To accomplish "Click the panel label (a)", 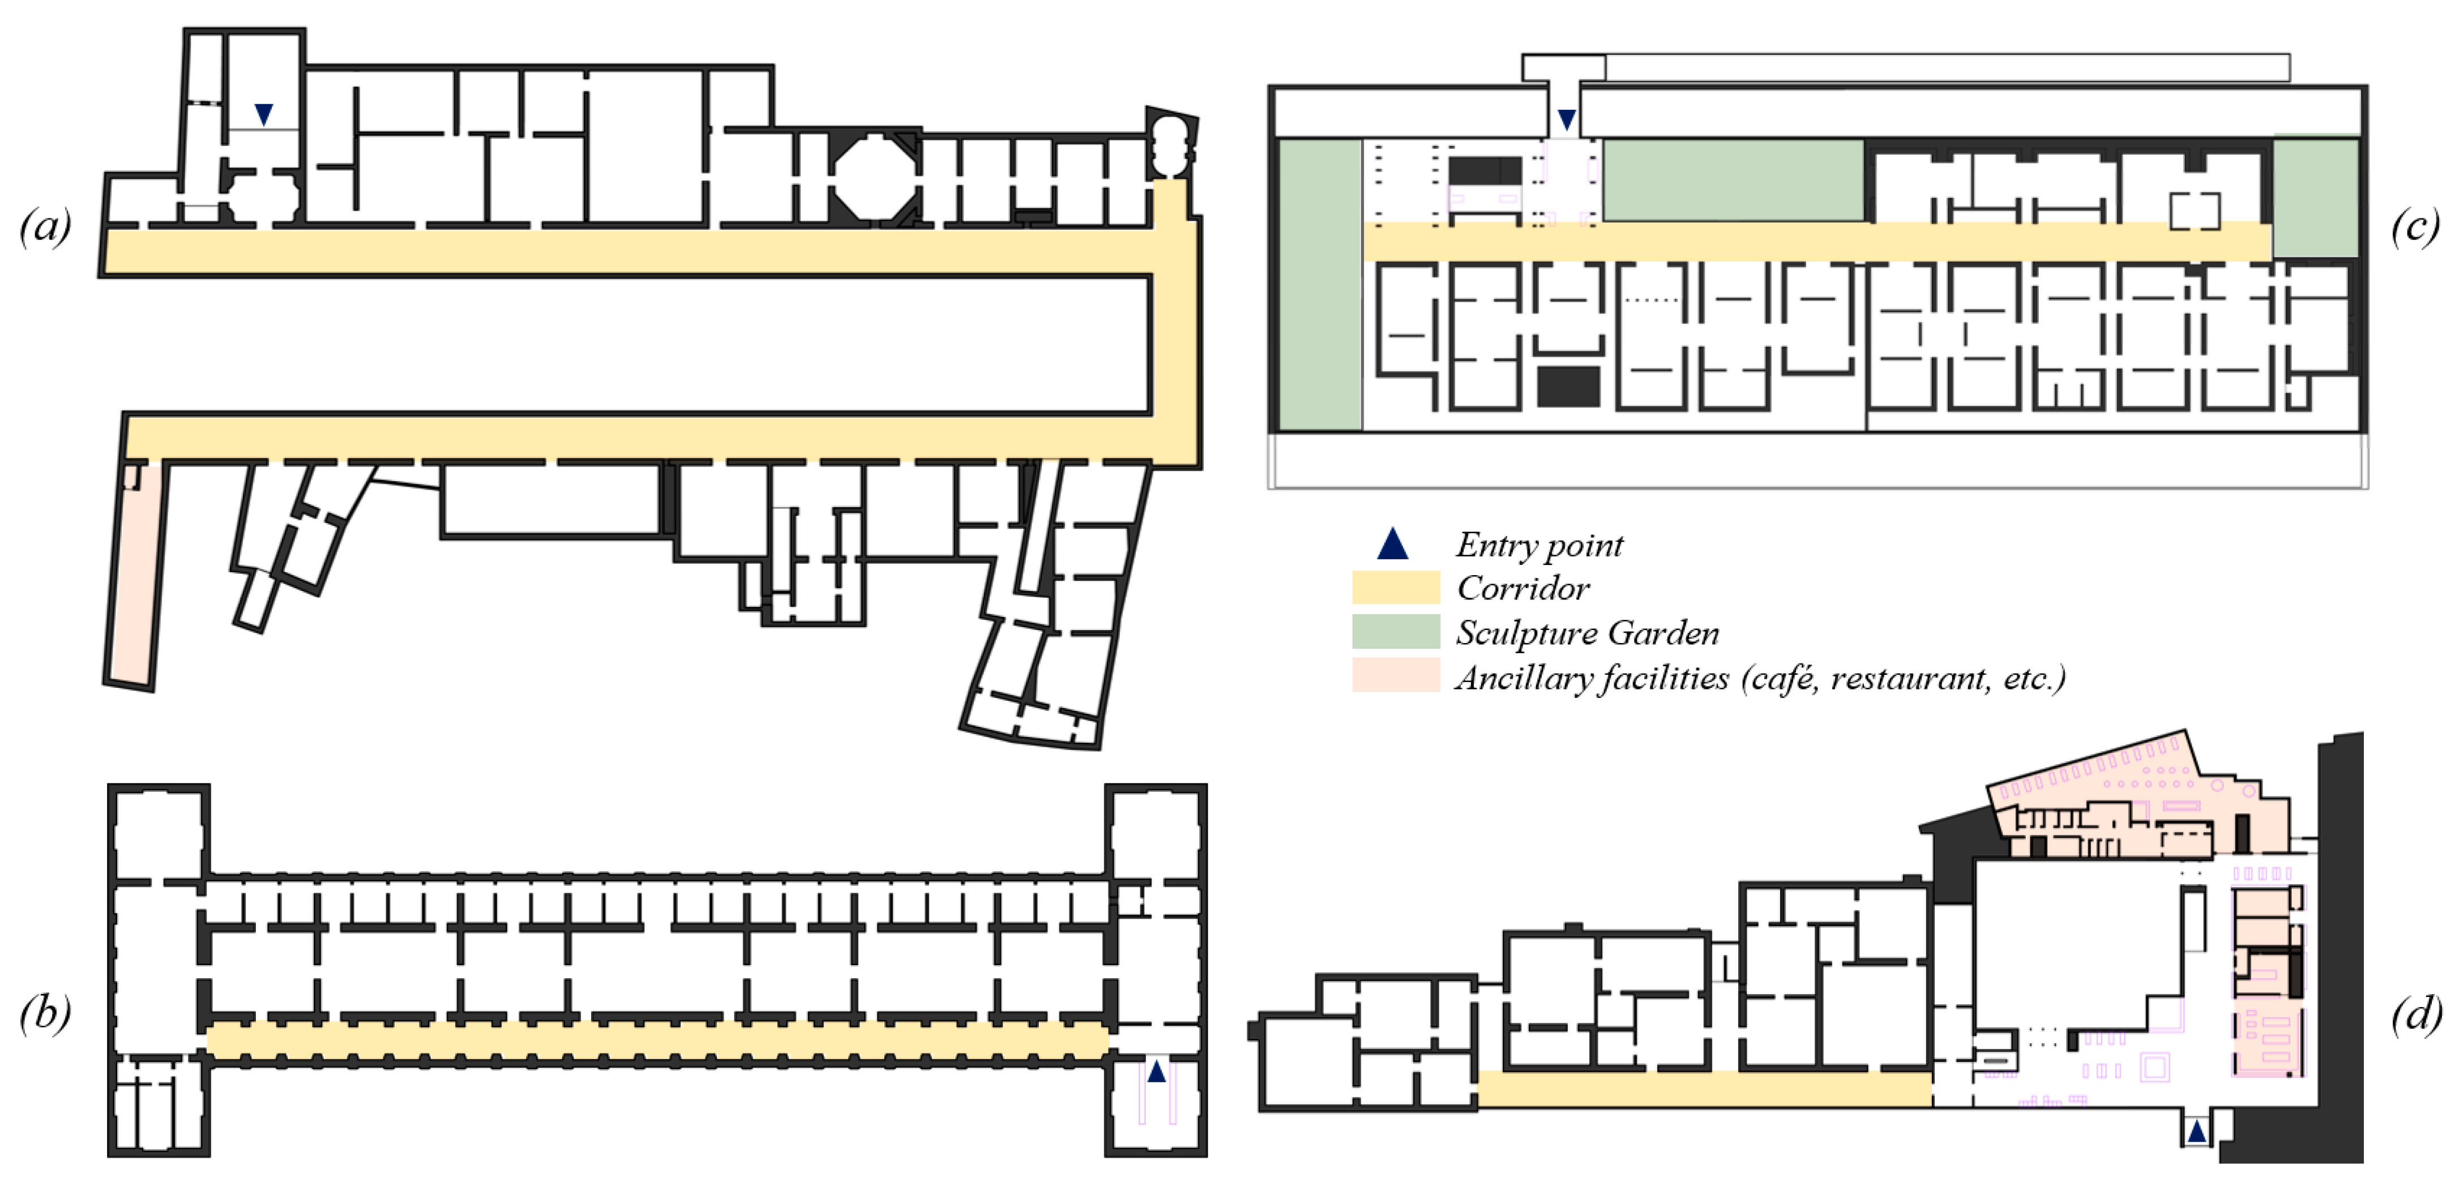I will coord(45,227).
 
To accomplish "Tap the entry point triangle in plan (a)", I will coord(264,114).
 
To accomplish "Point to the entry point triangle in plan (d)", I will coord(2196,1132).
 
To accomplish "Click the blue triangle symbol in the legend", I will coord(1392,543).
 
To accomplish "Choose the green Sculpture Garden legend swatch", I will coord(1395,631).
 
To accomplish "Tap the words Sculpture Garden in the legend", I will coord(1587,633).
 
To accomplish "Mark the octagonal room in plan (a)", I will coord(874,176).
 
